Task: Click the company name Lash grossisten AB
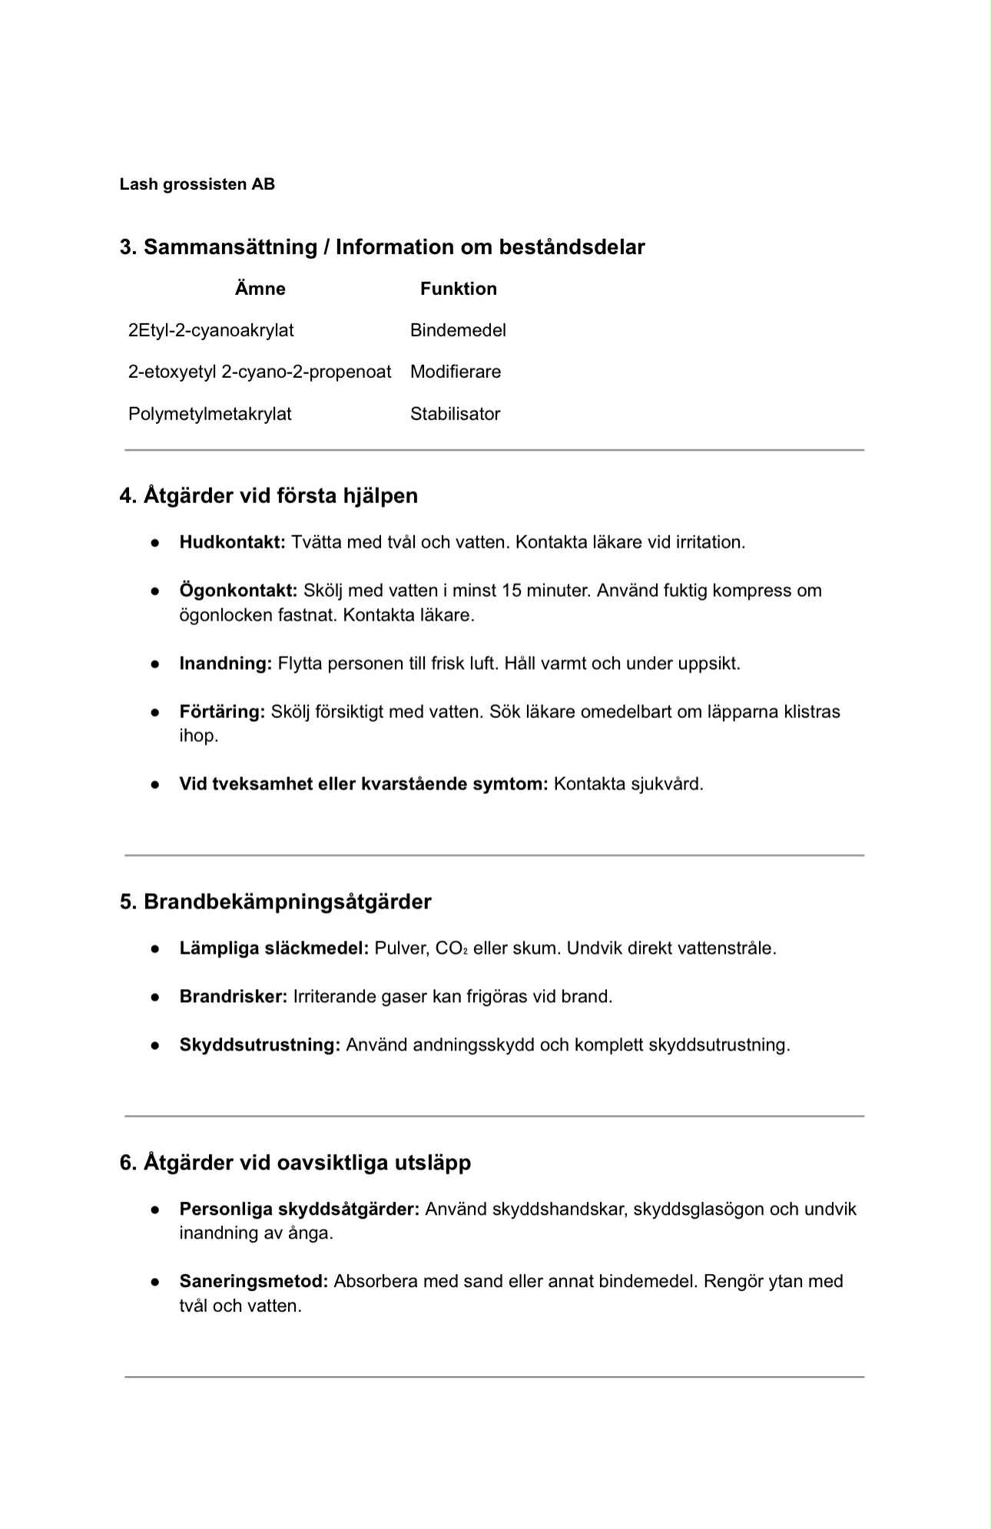pos(197,184)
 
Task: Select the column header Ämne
pos(260,289)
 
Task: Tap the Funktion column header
pos(458,289)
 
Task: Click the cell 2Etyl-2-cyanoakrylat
pos(210,330)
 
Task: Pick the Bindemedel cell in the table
pos(458,330)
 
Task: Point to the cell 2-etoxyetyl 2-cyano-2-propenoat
pos(260,372)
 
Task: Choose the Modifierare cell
pos(455,372)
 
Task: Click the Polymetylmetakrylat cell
pos(210,414)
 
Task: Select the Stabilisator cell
pos(455,414)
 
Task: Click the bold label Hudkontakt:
pos(232,542)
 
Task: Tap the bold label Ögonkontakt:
pos(238,591)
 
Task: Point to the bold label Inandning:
pos(226,664)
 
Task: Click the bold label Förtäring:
pos(222,712)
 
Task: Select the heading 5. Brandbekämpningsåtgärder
pos(275,902)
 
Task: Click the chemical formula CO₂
pos(452,948)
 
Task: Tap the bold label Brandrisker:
pos(233,997)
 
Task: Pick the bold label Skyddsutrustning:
pos(260,1045)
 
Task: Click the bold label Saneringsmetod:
pos(254,1281)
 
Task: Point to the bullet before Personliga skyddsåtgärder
pos(155,1210)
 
